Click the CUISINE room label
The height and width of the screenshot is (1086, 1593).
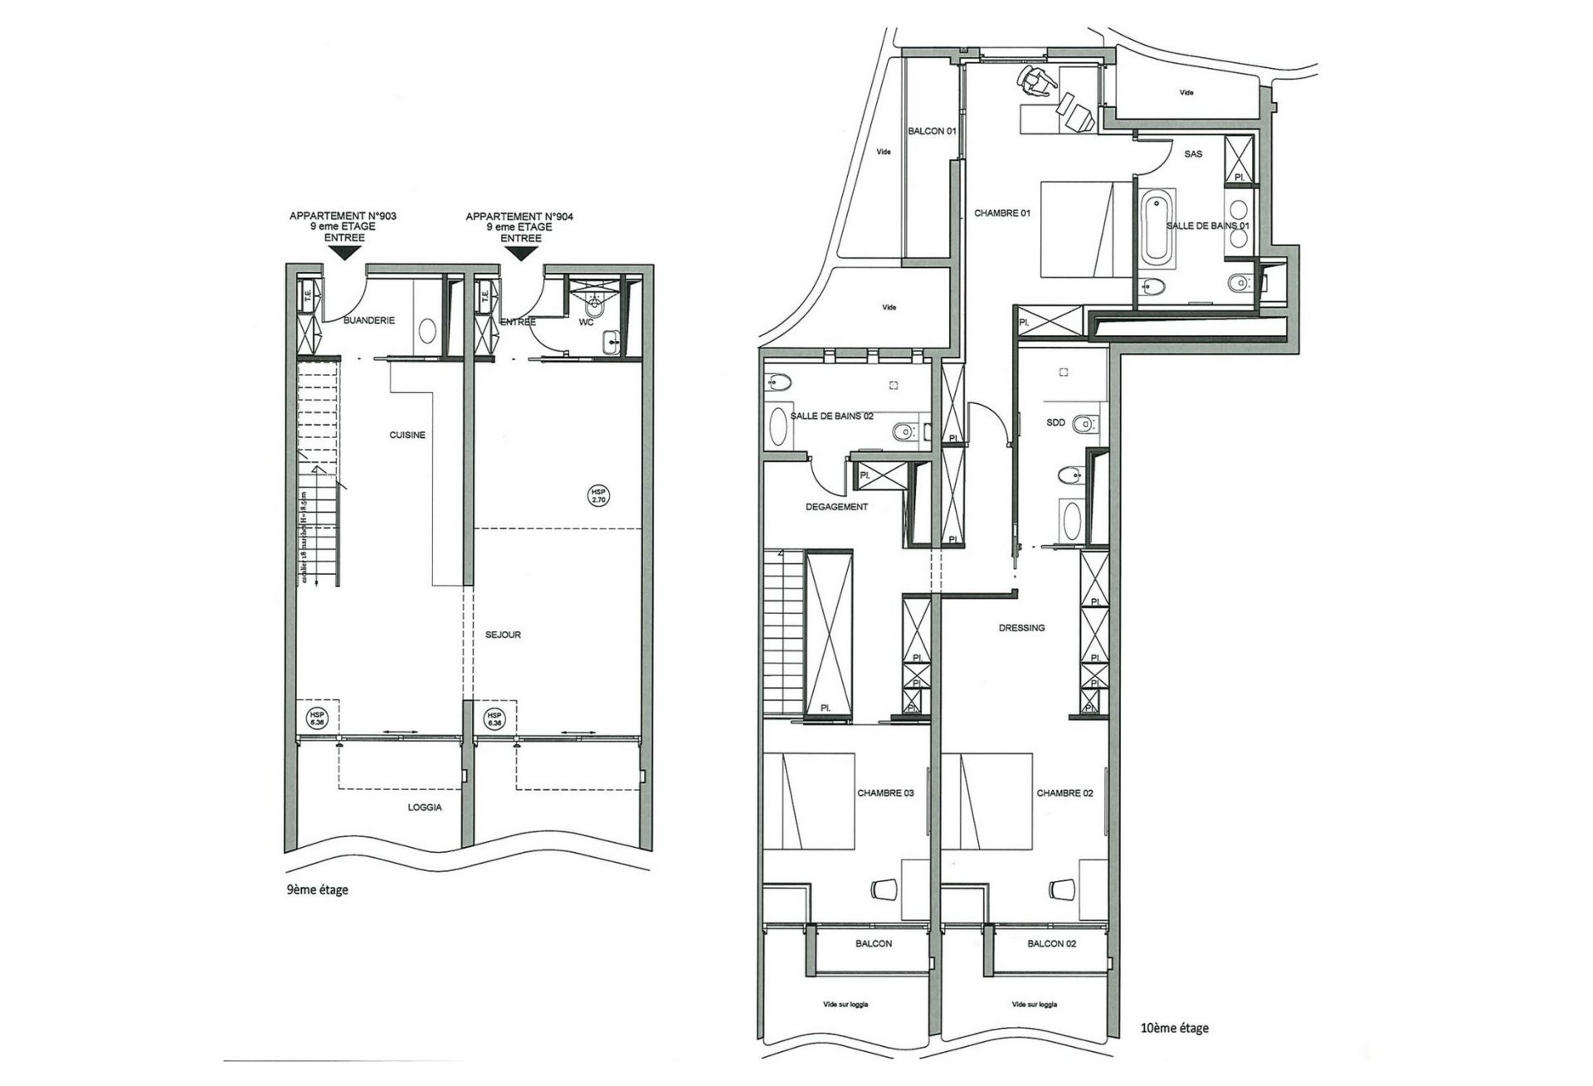(x=407, y=435)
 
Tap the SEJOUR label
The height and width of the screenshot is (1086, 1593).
(x=503, y=635)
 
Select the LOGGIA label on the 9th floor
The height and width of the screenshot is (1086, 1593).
(x=425, y=807)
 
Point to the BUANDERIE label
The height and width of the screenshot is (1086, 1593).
(x=369, y=320)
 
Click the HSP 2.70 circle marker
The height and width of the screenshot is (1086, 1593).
(x=598, y=495)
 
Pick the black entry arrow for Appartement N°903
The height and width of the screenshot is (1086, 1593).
(x=343, y=253)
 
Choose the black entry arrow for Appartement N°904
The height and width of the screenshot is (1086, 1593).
(x=520, y=253)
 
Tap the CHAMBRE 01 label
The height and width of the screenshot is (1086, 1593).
(x=1001, y=213)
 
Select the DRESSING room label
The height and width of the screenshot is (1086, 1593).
(x=1021, y=628)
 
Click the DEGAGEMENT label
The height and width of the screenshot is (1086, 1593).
(x=836, y=507)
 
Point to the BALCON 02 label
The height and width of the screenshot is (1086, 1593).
(x=1051, y=943)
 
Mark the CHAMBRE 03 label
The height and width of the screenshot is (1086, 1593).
(x=885, y=793)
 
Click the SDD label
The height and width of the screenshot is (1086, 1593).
(x=1055, y=423)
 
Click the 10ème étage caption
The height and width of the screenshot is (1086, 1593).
(x=1175, y=1028)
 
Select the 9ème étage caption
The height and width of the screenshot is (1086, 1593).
(x=317, y=889)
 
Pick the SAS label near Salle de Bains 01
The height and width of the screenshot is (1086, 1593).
(x=1193, y=154)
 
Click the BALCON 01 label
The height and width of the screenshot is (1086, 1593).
(x=932, y=131)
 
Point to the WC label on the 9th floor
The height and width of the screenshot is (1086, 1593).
(x=586, y=322)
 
